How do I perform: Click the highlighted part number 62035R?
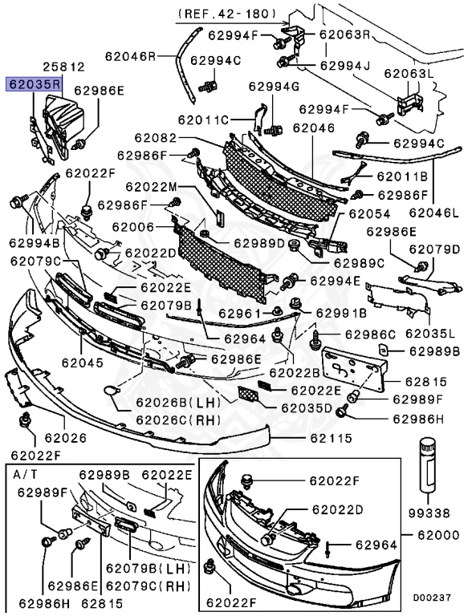tap(35, 83)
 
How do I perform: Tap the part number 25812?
tap(64, 69)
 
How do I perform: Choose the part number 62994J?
tap(345, 65)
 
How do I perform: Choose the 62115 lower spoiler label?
tap(332, 438)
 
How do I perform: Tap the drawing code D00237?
tap(433, 598)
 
